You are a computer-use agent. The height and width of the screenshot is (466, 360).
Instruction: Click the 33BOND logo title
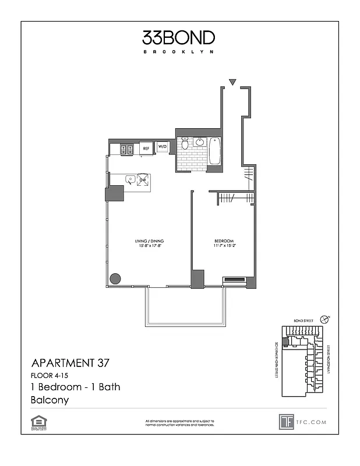coord(179,38)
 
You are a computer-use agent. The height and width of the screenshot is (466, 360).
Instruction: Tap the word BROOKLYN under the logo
coord(179,52)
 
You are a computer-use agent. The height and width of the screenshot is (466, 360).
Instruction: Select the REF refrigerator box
coord(147,149)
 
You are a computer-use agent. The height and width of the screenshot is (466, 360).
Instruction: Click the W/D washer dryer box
coord(163,147)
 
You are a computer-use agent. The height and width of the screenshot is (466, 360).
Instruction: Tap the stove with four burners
coord(127,149)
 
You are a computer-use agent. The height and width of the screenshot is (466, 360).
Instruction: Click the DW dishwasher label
coord(142,180)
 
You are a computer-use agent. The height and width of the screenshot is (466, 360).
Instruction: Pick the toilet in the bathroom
coord(185,143)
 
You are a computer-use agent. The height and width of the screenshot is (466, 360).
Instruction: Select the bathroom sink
coord(200,142)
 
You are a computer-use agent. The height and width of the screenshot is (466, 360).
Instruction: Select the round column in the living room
coord(115,278)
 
